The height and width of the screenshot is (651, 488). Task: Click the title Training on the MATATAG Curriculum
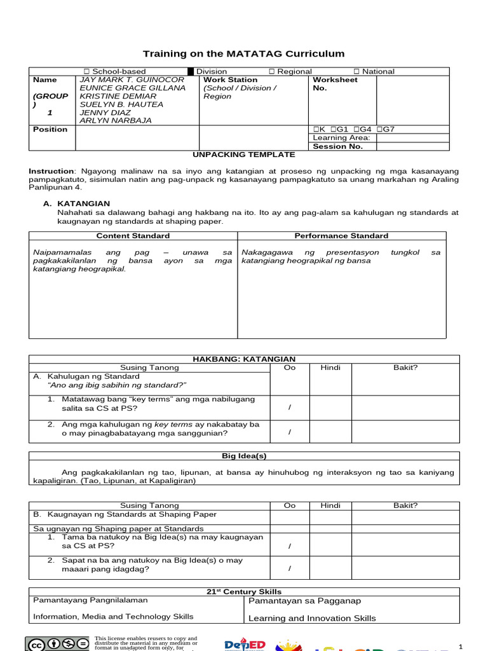pos(243,54)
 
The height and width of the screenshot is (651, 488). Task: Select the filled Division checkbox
pos(191,72)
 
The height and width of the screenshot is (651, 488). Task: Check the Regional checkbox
pos(271,72)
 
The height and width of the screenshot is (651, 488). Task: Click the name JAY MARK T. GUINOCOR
pos(131,80)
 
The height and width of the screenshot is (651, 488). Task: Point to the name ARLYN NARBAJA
pos(115,120)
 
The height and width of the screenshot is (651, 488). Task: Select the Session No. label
pos(337,146)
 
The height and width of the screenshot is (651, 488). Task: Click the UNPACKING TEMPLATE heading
pos(244,154)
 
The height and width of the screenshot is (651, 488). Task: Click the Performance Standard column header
pos(341,236)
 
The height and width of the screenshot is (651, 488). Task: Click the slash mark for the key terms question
pos(290,407)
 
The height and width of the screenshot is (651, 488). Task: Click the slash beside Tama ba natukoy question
pos(290,545)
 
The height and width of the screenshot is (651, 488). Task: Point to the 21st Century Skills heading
pos(244,592)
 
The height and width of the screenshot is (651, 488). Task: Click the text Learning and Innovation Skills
pos(312,618)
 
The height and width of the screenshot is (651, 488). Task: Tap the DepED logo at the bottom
pos(244,643)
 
